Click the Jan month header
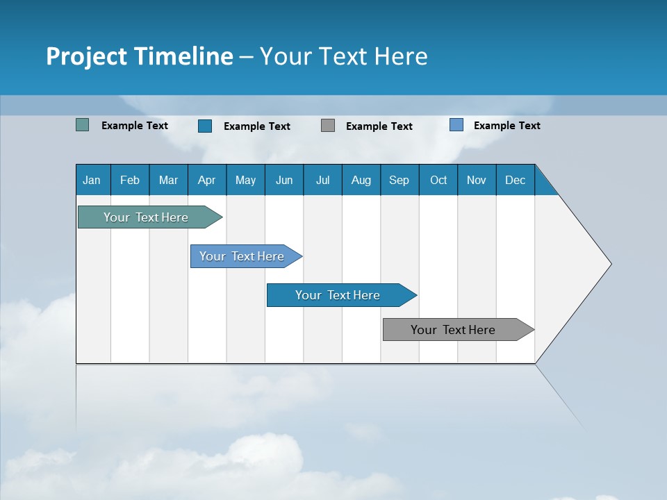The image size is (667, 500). (x=92, y=180)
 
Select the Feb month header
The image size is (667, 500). (x=130, y=180)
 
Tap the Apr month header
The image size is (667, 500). (x=206, y=180)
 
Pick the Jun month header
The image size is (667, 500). (x=284, y=180)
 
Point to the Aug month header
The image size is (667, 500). (x=361, y=180)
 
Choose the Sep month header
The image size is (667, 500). (x=399, y=180)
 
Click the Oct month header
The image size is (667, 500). (x=438, y=180)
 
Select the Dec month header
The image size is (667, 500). (x=515, y=180)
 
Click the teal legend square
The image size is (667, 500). (x=83, y=125)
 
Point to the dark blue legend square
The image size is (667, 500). (x=205, y=126)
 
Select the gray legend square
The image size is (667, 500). (x=328, y=126)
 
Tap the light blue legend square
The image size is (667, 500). (x=456, y=125)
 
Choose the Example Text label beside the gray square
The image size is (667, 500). (x=379, y=126)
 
